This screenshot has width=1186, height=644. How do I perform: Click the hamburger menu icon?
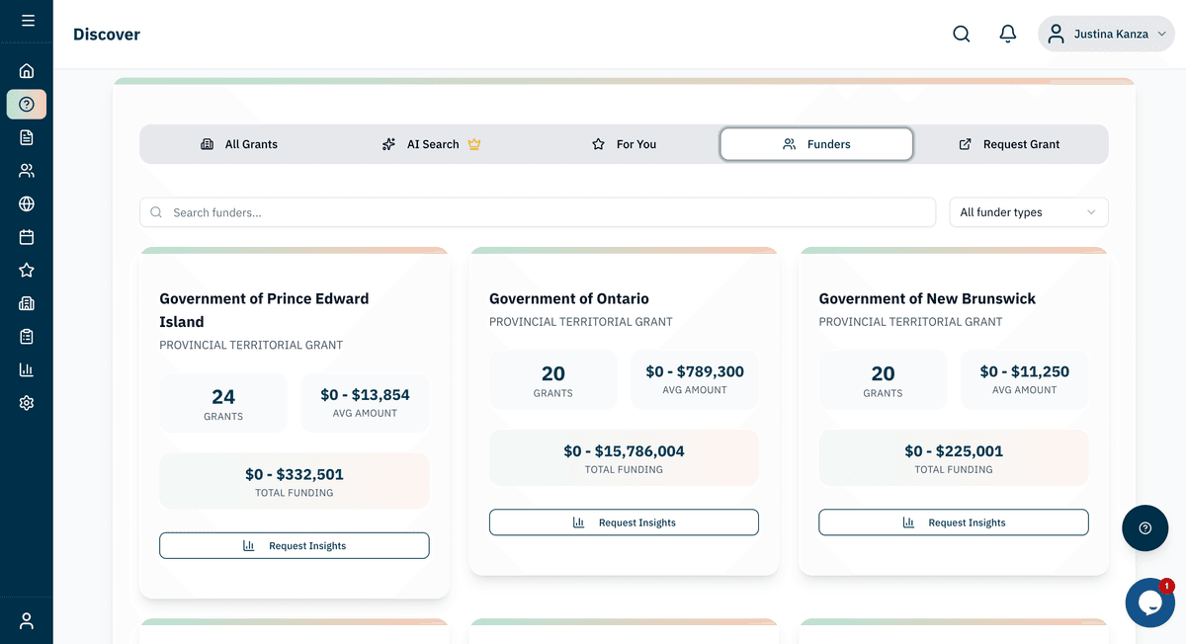click(x=28, y=20)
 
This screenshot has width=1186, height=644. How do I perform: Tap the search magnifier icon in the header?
click(x=961, y=34)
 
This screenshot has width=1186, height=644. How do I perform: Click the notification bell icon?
click(x=1008, y=34)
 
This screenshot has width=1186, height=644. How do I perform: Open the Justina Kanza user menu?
click(x=1106, y=34)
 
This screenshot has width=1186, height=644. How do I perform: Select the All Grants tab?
click(x=239, y=144)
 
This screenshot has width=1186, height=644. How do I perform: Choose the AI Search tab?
click(x=431, y=144)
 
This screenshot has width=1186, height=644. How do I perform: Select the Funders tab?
click(x=816, y=144)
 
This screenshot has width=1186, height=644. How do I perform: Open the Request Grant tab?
click(x=1009, y=144)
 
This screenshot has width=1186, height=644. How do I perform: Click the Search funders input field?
click(x=538, y=212)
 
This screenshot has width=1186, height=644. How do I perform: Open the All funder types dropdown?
click(x=1028, y=212)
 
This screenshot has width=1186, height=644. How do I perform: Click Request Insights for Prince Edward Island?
click(x=295, y=545)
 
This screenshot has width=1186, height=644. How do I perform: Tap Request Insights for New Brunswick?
click(x=954, y=523)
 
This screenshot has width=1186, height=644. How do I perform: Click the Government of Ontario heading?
click(x=569, y=298)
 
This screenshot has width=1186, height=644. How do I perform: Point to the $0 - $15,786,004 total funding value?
click(x=624, y=451)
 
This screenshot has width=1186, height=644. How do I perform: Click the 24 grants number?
click(x=223, y=397)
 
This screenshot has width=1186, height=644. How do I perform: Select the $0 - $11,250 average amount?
click(x=1024, y=371)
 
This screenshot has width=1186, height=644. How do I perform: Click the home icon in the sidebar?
click(x=27, y=70)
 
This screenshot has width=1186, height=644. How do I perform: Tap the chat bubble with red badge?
click(x=1149, y=603)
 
